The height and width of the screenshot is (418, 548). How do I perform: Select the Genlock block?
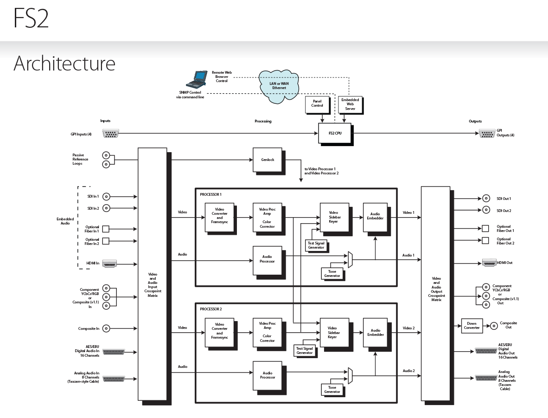click(x=268, y=159)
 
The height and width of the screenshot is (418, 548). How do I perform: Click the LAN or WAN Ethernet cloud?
click(x=279, y=86)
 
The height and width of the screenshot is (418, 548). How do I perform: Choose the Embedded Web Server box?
click(x=350, y=104)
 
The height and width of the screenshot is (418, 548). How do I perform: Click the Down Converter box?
click(x=472, y=326)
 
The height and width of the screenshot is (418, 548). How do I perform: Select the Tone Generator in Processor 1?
click(x=332, y=273)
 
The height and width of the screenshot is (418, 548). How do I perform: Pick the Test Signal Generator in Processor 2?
click(x=305, y=350)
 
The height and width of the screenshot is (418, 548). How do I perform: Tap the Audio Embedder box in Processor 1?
click(x=375, y=216)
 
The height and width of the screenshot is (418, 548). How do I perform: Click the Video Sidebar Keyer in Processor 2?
click(x=332, y=332)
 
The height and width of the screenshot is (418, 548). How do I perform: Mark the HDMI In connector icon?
click(x=110, y=264)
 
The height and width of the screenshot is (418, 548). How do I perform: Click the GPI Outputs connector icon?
click(x=486, y=134)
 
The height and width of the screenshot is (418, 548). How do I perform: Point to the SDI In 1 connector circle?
click(x=106, y=196)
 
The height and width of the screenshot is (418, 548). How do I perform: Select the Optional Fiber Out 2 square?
click(x=485, y=240)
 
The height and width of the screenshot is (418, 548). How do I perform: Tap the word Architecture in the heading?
click(x=64, y=63)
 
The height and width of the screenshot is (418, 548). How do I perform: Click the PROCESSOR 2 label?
click(x=211, y=309)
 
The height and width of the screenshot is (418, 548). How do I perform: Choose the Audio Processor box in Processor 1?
click(x=267, y=260)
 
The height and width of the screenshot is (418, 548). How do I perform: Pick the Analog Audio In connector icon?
click(x=113, y=379)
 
